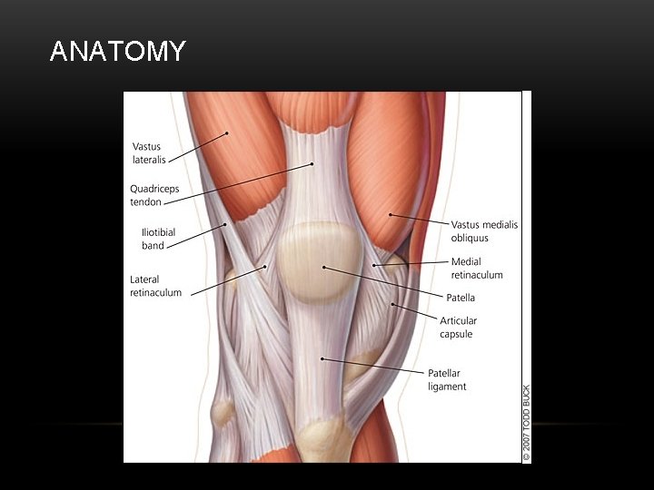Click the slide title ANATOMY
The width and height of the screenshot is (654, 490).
coord(117,52)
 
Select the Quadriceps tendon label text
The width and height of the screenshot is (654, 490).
coord(154,195)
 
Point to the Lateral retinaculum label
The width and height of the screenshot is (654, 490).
coord(155,286)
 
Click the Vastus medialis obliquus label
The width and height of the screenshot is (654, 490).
coord(484,231)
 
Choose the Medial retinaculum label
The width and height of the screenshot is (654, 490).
coord(476,269)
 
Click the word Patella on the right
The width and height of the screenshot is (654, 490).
coord(461,298)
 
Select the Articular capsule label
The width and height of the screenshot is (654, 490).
coord(458,328)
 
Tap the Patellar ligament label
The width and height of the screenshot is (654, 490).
coord(447,379)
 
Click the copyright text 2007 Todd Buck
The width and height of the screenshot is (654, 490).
coord(526,423)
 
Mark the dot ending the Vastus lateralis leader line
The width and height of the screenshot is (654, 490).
coord(227,134)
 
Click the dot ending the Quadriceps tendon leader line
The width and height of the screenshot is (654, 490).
coord(312,164)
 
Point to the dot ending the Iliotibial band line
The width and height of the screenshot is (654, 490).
coord(225,225)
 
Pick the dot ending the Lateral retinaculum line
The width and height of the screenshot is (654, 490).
coord(264,267)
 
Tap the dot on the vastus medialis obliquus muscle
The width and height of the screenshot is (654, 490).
coord(391,215)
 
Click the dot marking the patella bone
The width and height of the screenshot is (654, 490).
coord(324,268)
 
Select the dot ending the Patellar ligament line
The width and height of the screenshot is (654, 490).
coord(322,358)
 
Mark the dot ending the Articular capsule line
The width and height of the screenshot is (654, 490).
coord(392,304)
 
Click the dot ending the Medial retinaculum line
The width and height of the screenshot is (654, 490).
coord(373,265)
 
